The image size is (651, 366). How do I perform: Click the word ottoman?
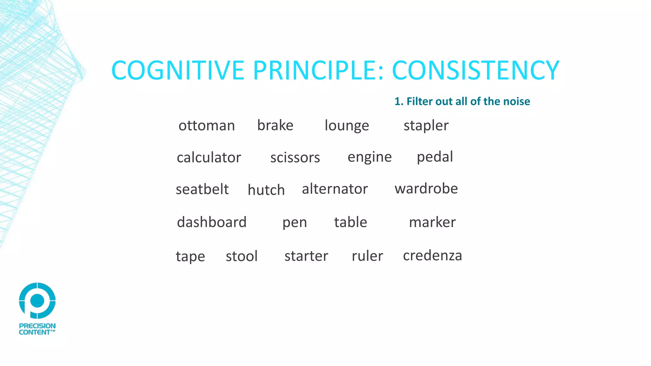tap(207, 125)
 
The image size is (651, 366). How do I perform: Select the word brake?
tap(275, 125)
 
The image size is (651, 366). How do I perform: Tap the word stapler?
tap(426, 126)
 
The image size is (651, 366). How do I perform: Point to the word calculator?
tap(209, 158)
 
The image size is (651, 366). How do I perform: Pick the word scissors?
tap(295, 158)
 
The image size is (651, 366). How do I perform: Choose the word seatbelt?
tap(202, 189)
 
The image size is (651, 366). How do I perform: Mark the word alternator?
tap(335, 189)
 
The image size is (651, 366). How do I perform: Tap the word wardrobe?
tap(426, 189)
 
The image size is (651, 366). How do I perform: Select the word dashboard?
tap(212, 222)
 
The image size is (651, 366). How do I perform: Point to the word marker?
tap(432, 222)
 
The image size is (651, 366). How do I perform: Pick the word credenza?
tap(432, 255)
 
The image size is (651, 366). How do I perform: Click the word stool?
tap(242, 256)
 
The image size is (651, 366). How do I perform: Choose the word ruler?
tap(367, 256)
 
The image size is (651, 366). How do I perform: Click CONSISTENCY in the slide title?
tap(476, 71)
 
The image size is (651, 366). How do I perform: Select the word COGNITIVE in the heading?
tap(178, 71)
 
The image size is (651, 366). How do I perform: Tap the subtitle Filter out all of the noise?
tap(462, 101)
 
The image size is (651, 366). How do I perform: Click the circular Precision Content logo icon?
tap(37, 301)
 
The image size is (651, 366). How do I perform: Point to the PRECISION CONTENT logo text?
tap(37, 329)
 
